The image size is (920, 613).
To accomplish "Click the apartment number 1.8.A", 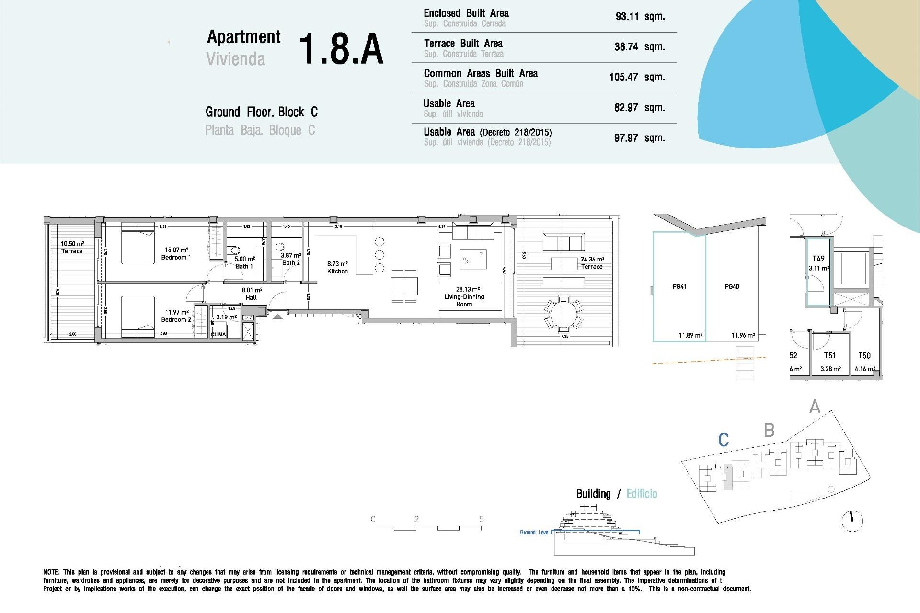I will pyautogui.click(x=341, y=49).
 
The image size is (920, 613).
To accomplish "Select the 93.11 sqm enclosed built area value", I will pyautogui.click(x=640, y=17).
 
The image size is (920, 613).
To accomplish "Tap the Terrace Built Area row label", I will pyautogui.click(x=463, y=44).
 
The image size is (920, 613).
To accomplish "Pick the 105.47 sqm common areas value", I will pyautogui.click(x=637, y=77).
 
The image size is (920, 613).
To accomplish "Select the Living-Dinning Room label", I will pyautogui.click(x=464, y=296).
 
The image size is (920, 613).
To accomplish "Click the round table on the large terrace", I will pyautogui.click(x=564, y=314).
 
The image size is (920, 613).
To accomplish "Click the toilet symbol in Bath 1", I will pyautogui.click(x=235, y=250).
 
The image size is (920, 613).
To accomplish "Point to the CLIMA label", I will pyautogui.click(x=218, y=334).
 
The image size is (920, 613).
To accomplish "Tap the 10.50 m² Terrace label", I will pyautogui.click(x=72, y=248).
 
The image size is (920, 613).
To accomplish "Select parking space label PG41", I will pyautogui.click(x=679, y=287).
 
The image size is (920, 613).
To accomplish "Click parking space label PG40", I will pyautogui.click(x=732, y=287).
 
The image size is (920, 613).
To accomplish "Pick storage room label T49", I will pyautogui.click(x=818, y=259).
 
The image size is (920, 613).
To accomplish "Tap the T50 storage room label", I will pyautogui.click(x=864, y=356).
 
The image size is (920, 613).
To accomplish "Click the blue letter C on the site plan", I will pyautogui.click(x=724, y=440).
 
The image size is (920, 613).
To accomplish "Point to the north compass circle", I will pyautogui.click(x=852, y=521).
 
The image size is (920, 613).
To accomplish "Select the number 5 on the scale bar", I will pyautogui.click(x=481, y=519).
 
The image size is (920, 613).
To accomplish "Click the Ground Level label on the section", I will pyautogui.click(x=534, y=533).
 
